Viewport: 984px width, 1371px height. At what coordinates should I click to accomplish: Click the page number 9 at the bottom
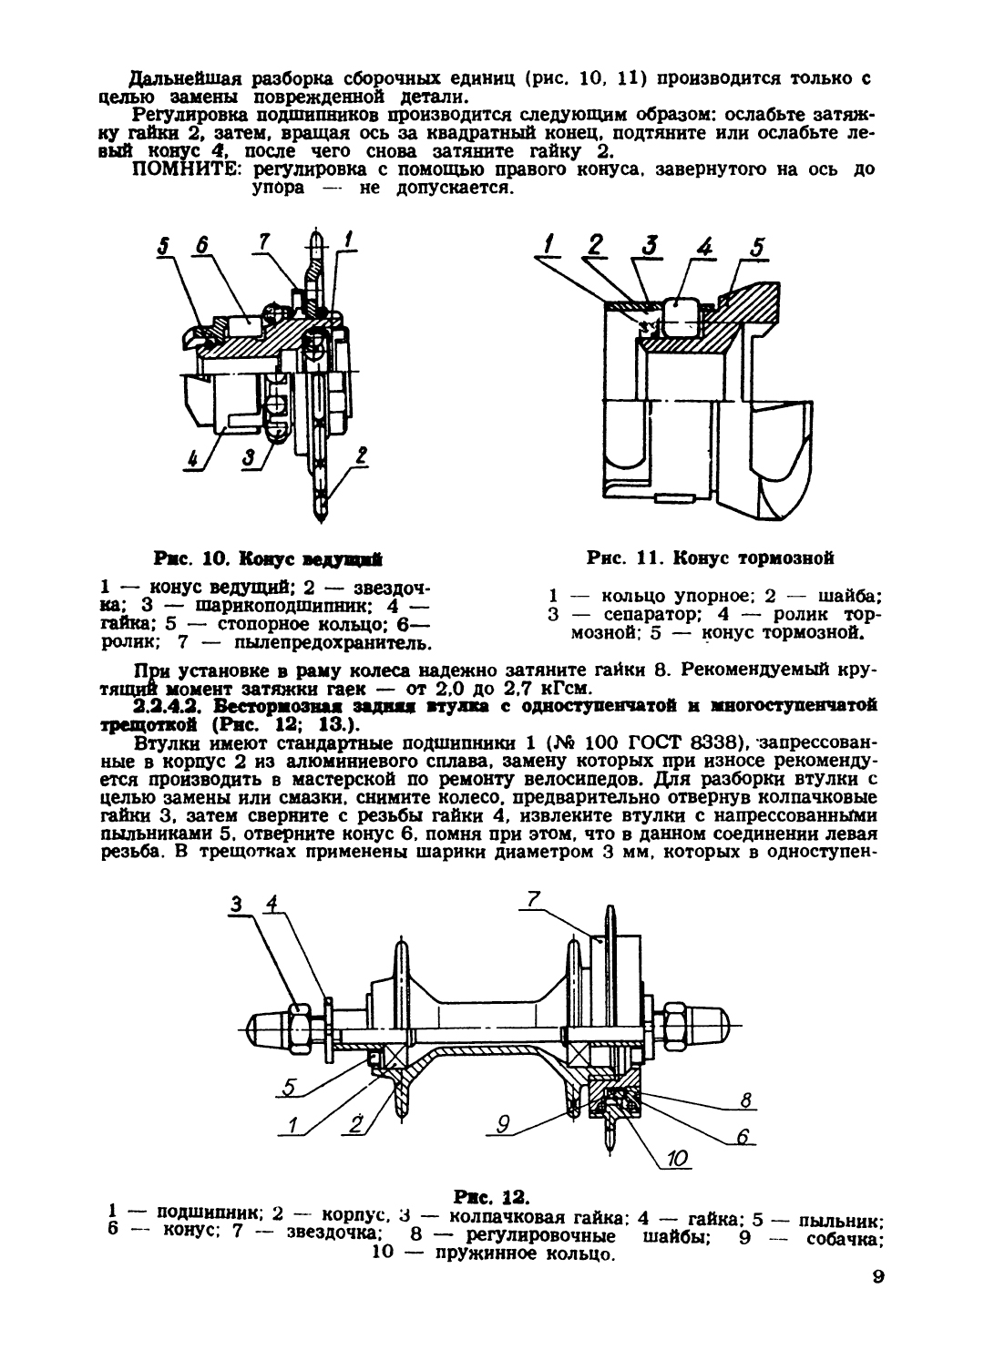point(877,1277)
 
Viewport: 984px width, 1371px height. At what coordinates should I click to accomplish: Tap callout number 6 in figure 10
point(201,246)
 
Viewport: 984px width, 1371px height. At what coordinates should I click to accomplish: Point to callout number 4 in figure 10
point(194,459)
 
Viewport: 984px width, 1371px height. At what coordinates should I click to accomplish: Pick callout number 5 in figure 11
point(757,247)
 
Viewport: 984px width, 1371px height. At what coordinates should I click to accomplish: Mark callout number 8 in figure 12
point(745,1100)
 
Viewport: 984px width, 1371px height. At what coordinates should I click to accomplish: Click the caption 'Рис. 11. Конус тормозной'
point(711,558)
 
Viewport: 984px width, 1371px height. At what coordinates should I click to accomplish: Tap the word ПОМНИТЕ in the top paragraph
point(185,171)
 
